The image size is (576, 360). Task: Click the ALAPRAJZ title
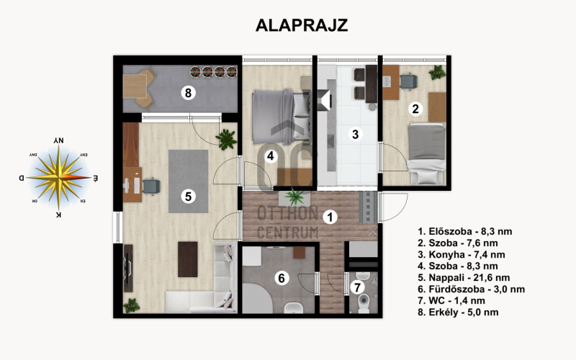click(x=302, y=25)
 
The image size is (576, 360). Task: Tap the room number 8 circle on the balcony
click(x=188, y=93)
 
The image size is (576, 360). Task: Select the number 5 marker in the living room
click(x=188, y=197)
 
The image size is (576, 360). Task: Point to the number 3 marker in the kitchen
click(x=355, y=134)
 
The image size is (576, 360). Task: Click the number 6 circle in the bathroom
click(x=282, y=278)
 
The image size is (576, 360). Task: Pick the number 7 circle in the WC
click(x=357, y=287)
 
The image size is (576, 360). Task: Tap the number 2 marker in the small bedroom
click(x=415, y=109)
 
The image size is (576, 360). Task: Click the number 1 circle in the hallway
click(x=330, y=217)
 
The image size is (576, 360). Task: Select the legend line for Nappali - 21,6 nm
click(x=464, y=278)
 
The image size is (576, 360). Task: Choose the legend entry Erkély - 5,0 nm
click(x=458, y=312)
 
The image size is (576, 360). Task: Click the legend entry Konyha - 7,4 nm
click(x=462, y=255)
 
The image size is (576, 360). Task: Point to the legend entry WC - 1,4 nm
click(x=451, y=300)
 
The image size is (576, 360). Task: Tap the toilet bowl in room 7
click(x=364, y=302)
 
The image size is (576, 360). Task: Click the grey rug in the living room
click(x=188, y=181)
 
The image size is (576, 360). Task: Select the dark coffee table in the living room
click(x=188, y=259)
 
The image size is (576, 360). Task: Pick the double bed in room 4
click(x=281, y=117)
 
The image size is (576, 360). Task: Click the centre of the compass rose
click(x=59, y=178)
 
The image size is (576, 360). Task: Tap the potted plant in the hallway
click(x=294, y=197)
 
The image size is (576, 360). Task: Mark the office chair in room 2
click(x=408, y=81)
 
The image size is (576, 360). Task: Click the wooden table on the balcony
click(x=135, y=86)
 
